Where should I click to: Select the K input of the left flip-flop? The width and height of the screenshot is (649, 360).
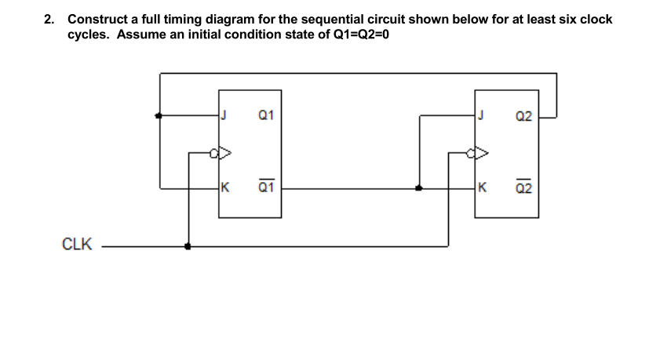(225, 188)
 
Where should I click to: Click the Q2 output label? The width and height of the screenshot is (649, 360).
(525, 116)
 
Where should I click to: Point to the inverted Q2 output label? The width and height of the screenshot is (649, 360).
(525, 187)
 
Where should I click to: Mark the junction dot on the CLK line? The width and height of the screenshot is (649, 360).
(188, 245)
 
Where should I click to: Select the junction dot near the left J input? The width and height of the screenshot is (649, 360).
(160, 116)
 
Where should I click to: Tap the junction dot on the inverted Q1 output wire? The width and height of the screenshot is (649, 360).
(419, 188)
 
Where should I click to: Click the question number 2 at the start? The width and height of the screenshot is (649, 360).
(49, 19)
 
